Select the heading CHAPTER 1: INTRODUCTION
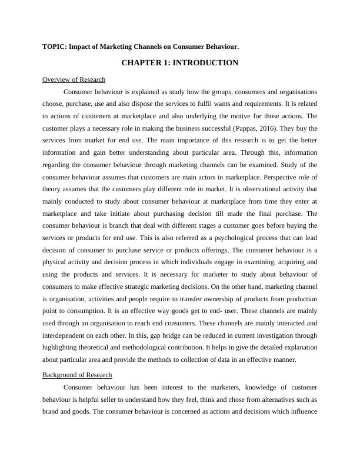click(x=179, y=62)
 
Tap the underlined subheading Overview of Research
click(x=74, y=79)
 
